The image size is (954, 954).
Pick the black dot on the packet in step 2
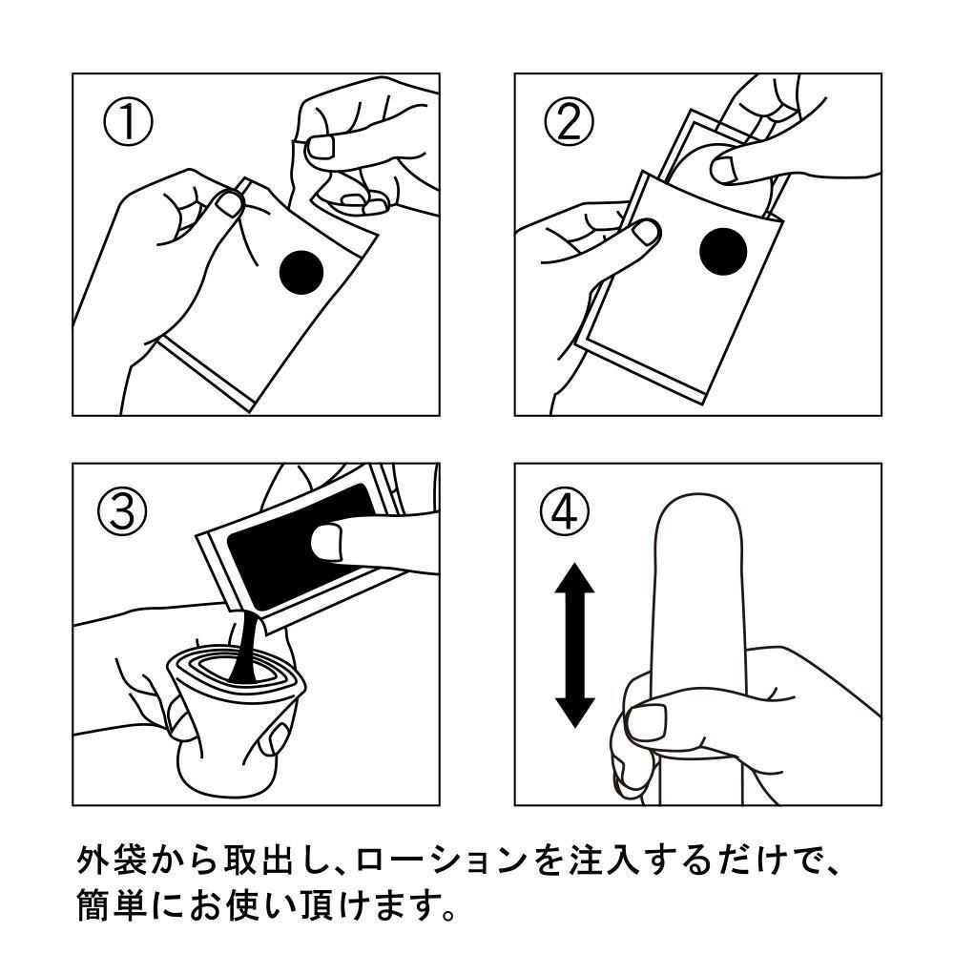tap(722, 252)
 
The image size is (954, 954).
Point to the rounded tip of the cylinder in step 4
tap(695, 520)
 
